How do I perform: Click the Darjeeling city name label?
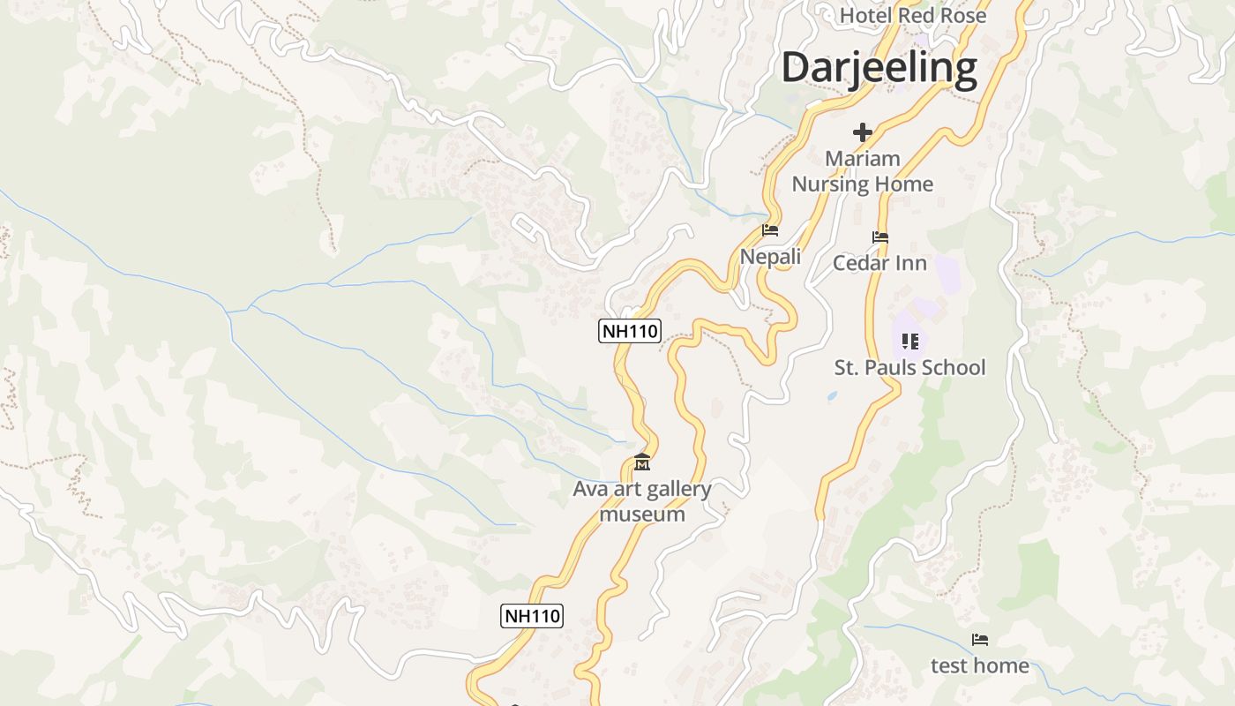[879, 68]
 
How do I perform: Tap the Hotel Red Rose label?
[913, 15]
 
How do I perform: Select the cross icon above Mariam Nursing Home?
[863, 132]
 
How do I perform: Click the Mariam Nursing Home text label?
[862, 171]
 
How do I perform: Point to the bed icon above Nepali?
[770, 231]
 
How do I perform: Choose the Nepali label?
[770, 256]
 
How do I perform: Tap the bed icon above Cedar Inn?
[879, 237]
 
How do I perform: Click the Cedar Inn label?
[879, 263]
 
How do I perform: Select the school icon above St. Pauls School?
[909, 341]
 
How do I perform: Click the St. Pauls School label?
[909, 367]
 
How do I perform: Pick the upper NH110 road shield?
[630, 331]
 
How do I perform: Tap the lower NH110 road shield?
[532, 615]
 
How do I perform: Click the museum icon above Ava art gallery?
[642, 462]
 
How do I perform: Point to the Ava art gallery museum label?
[642, 501]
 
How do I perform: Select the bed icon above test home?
[979, 640]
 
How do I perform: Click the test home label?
[979, 665]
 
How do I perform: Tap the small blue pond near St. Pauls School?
[832, 397]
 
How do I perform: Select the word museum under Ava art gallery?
[642, 514]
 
